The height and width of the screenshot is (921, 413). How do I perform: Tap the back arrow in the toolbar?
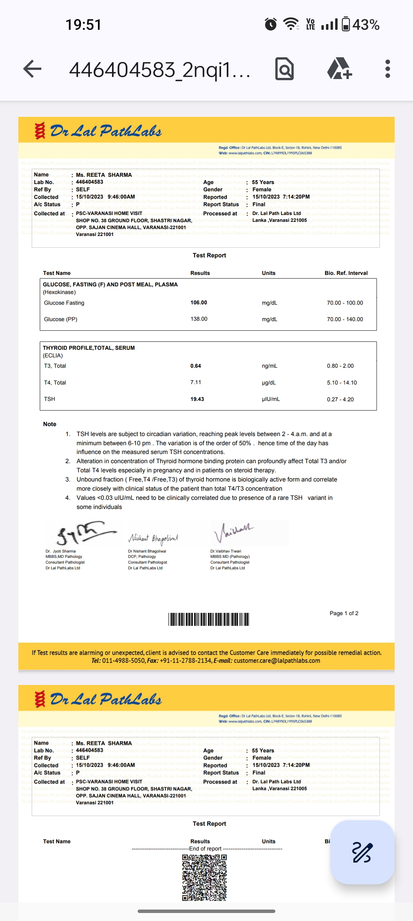coord(33,69)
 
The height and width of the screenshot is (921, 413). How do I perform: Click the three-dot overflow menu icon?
coord(387,69)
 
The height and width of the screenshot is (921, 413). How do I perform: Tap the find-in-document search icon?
coord(285,69)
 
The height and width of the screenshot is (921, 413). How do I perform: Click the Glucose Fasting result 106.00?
coord(199,302)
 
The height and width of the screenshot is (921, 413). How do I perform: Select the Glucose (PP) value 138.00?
coord(199,319)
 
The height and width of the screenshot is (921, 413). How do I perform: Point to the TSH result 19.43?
coord(197,399)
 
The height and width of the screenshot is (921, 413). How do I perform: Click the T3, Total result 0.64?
coord(196,366)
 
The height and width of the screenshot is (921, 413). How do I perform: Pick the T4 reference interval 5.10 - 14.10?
coord(342,383)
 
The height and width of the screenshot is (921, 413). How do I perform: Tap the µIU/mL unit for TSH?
coord(271,399)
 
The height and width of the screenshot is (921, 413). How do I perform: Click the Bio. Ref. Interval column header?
coord(346,273)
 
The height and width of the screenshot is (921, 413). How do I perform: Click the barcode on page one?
coord(209,619)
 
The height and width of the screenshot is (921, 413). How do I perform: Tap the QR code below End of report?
coord(205,877)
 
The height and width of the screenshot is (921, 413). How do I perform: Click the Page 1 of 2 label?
coord(344,613)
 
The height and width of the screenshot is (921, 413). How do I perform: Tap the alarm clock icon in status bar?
coord(271,24)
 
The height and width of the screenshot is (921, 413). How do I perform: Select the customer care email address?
coord(277,661)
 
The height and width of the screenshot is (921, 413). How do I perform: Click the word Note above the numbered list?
coord(50,424)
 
